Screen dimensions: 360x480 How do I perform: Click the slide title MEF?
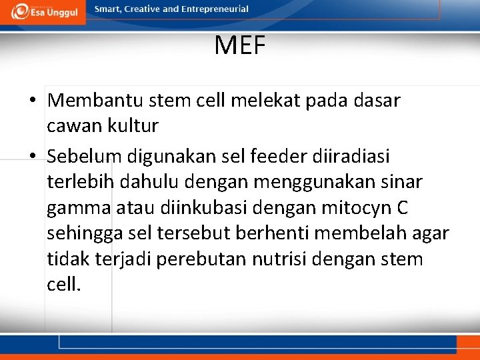[240, 46]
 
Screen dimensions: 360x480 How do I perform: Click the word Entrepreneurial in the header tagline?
[215, 9]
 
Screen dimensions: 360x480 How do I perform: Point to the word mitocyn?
[357, 209]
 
